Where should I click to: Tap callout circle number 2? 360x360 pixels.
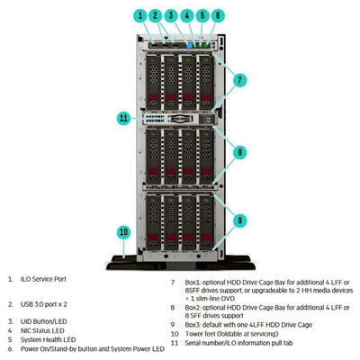(155, 15)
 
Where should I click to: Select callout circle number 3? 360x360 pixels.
(170, 15)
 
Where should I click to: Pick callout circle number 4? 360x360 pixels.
(186, 15)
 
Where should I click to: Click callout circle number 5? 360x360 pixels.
(202, 15)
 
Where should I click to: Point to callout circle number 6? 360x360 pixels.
(217, 15)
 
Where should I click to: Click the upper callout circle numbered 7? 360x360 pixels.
(238, 80)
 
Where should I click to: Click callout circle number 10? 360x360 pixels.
(123, 231)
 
